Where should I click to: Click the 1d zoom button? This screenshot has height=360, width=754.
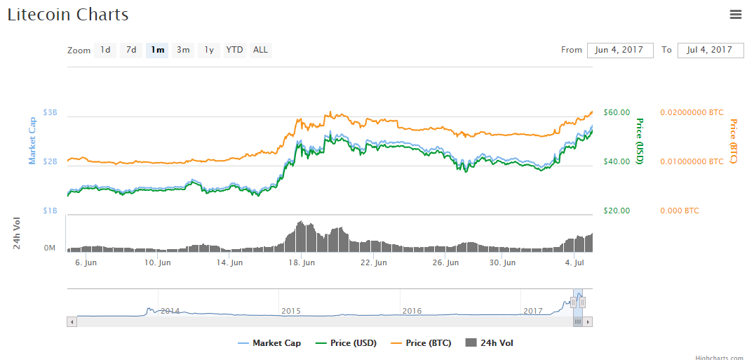(105, 50)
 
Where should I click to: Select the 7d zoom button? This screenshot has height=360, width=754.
(131, 50)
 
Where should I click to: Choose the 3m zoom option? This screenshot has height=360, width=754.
(183, 50)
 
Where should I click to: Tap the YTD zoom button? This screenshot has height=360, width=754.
(234, 50)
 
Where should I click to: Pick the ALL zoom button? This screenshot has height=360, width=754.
(260, 50)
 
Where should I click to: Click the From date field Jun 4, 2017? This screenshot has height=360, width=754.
(620, 50)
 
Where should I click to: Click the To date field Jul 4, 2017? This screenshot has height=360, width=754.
(710, 50)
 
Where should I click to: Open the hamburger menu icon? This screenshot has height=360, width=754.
(736, 14)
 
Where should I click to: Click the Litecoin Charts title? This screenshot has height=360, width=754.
(68, 14)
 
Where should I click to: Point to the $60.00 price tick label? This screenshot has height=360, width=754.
(617, 112)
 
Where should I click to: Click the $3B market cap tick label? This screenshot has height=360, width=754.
(51, 112)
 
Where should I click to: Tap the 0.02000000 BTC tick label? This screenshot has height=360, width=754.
(692, 112)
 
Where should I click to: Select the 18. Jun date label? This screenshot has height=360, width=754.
(302, 263)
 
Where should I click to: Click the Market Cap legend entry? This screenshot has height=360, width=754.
(270, 343)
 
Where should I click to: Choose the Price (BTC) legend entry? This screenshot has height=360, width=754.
(422, 343)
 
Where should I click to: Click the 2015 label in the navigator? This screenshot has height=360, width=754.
(290, 311)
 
